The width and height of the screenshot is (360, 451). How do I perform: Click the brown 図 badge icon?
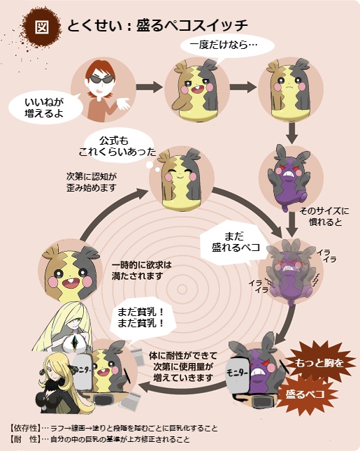[41, 27]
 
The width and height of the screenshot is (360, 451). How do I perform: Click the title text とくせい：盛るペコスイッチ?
[157, 26]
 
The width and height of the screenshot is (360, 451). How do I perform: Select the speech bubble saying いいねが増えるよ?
[45, 108]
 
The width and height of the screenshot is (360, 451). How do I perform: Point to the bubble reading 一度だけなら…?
[227, 45]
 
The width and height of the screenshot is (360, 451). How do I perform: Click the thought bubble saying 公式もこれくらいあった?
[118, 146]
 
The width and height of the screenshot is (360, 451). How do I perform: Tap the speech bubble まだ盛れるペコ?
[232, 243]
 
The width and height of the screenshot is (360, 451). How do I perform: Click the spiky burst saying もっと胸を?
[319, 362]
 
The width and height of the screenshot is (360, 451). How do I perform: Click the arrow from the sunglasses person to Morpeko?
[149, 87]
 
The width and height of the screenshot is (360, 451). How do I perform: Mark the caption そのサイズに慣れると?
[324, 217]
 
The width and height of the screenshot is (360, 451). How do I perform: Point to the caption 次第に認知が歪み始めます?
[92, 182]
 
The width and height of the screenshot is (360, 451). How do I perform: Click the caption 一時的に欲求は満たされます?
[141, 271]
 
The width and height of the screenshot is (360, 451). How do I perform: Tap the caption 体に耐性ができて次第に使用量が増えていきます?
[183, 366]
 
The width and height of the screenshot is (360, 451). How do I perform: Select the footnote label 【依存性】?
[24, 429]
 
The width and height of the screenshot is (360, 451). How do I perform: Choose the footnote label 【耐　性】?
[24, 439]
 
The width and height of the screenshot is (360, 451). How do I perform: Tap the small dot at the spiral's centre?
[182, 289]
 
